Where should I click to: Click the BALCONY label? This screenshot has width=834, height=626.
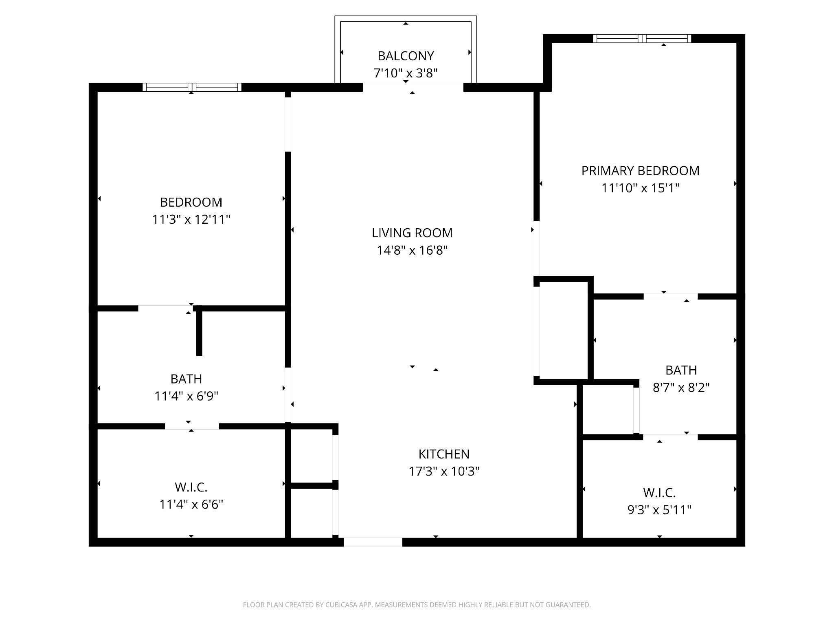coord(406,56)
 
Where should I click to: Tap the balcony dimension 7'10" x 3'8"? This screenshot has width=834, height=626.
coord(406,73)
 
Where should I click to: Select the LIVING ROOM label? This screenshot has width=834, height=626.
coord(412,233)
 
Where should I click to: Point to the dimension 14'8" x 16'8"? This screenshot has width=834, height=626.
coord(412,250)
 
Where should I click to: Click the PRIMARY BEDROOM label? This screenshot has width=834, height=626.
coord(640,171)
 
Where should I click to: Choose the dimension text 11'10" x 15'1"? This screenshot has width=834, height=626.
coord(640,188)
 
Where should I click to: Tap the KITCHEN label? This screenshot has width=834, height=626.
coord(444,454)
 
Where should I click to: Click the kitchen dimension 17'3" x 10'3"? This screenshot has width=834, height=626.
coord(444,472)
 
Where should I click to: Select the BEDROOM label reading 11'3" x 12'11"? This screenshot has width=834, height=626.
coord(191,202)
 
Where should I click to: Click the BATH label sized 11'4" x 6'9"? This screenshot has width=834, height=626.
coord(186,379)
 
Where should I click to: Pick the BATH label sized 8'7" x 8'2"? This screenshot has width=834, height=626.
coord(681,370)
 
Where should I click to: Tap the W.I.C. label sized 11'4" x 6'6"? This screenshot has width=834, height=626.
coord(191,487)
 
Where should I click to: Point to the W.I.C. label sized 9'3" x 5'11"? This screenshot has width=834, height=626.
coord(659,493)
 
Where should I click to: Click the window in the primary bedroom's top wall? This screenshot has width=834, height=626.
coord(642,39)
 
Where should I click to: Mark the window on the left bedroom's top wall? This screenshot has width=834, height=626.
coord(192,87)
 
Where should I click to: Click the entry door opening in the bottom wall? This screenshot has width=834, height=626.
coord(373,542)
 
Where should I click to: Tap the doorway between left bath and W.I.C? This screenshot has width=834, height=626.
coord(192,426)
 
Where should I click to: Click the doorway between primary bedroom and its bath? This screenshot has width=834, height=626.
coord(670,296)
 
